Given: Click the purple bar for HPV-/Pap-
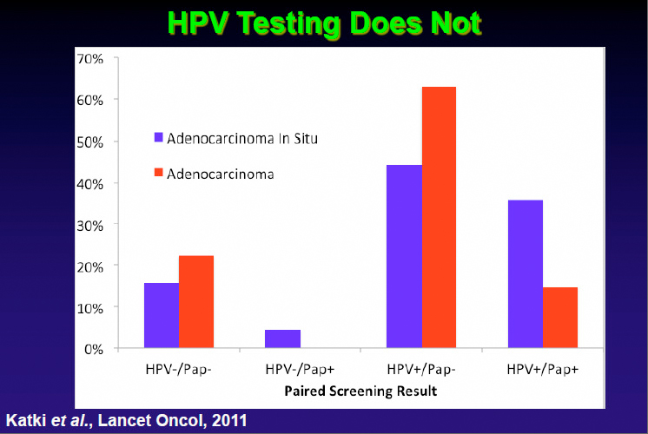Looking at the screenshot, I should tap(162, 315).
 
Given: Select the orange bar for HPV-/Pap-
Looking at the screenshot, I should tap(196, 302).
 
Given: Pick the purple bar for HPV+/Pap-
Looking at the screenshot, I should tap(404, 256).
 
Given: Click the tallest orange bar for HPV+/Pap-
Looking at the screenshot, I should tap(439, 217).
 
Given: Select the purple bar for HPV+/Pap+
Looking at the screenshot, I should tap(526, 273).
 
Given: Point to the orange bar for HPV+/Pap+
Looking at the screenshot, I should tap(560, 318).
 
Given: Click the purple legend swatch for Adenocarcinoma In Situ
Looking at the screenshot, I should tap(159, 137).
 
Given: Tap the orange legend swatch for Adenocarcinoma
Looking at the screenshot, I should tap(159, 174).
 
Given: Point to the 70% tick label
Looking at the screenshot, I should tap(90, 59).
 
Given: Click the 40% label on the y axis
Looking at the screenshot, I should tap(90, 183).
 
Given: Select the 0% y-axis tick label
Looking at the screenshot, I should tap(94, 349).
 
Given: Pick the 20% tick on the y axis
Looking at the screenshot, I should tap(90, 266).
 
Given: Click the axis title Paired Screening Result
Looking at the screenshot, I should tap(360, 391).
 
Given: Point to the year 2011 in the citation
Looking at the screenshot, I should tap(228, 422).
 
